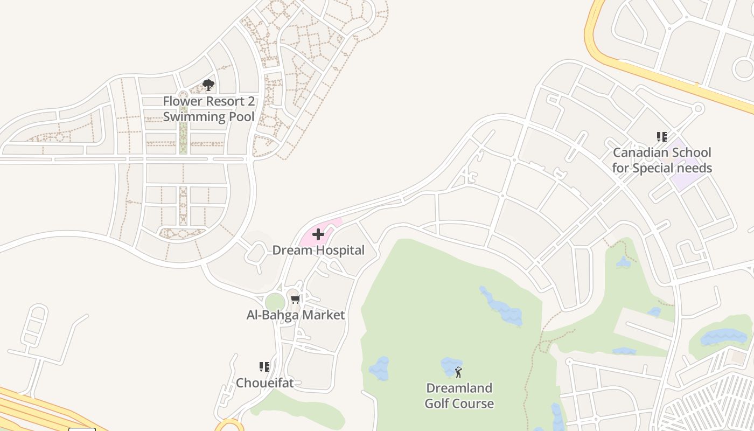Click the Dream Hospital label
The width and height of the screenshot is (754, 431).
pos(318,250)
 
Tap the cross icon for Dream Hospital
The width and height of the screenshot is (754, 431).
pos(318,234)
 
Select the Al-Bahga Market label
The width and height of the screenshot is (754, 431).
pos(295,315)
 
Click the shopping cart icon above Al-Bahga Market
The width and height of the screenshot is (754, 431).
pos(295,300)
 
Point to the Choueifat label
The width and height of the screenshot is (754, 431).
pos(264,383)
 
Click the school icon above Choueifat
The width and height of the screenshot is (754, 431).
pos(264,367)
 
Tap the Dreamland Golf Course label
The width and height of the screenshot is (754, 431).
pos(459,395)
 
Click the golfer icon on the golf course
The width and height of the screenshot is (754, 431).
pos(458,372)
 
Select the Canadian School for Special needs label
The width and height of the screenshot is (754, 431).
pos(662,160)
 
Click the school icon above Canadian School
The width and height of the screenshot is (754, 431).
pos(661,137)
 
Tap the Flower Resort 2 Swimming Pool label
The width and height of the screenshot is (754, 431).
pos(208,109)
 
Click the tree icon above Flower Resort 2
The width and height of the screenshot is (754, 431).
pos(208,85)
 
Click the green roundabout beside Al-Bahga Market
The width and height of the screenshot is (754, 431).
pos(275,302)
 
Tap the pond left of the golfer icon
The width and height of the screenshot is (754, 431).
pos(379,368)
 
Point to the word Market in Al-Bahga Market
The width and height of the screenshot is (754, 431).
pos(324,315)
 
